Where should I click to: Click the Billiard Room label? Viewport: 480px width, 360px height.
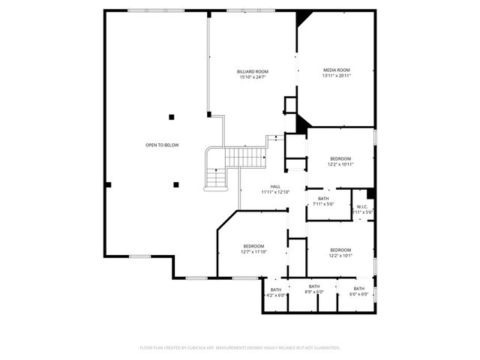pyautogui.click(x=253, y=71)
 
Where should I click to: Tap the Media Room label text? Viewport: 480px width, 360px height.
pyautogui.click(x=337, y=70)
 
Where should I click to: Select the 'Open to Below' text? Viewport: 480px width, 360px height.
pyautogui.click(x=162, y=145)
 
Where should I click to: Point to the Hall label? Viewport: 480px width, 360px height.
pyautogui.click(x=275, y=187)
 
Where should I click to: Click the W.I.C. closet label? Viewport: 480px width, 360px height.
pyautogui.click(x=362, y=206)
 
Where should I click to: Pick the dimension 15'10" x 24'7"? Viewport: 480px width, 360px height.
pyautogui.click(x=253, y=77)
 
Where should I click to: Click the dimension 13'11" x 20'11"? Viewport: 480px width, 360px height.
pyautogui.click(x=337, y=76)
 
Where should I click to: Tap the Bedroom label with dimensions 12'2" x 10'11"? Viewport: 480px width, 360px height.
pyautogui.click(x=340, y=158)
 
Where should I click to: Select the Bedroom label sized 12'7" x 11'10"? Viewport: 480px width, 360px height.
pyautogui.click(x=253, y=246)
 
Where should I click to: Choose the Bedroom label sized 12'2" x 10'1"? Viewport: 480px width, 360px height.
pyautogui.click(x=340, y=250)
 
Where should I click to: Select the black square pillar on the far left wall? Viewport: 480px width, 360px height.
pyautogui.click(x=109, y=184)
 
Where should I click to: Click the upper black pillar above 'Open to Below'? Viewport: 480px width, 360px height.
pyautogui.click(x=172, y=116)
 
